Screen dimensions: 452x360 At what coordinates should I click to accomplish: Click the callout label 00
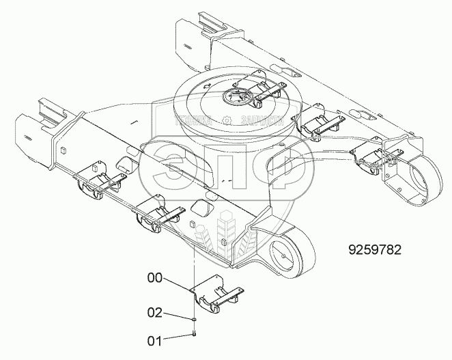click(155, 278)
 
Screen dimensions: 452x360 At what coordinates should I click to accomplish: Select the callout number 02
click(155, 313)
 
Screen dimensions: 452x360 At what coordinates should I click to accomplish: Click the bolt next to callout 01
click(195, 333)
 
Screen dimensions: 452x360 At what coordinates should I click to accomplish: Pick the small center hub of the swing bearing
click(242, 96)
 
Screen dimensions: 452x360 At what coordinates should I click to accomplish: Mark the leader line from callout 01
click(178, 335)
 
